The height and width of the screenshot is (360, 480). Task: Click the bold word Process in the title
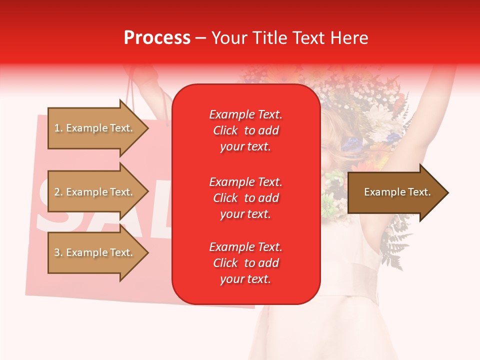tap(157, 38)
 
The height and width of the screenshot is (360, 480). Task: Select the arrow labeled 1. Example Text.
tap(93, 128)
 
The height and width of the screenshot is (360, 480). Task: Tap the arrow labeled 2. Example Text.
tap(93, 192)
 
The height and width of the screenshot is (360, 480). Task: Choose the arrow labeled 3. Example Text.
tap(93, 252)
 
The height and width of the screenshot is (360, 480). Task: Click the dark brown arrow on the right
tap(395, 192)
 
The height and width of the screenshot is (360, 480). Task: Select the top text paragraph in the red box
tap(245, 130)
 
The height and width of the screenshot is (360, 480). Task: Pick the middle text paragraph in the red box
tap(245, 198)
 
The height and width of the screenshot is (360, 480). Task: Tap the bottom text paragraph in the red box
tap(245, 263)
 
